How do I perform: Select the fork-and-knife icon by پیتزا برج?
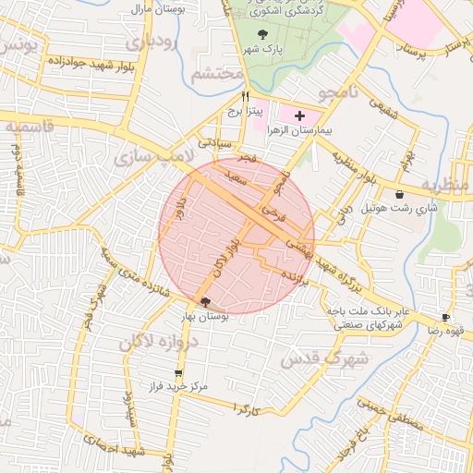246,95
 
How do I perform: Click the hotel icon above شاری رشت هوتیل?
399,195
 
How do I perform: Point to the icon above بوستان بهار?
204,302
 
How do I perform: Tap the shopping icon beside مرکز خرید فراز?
177,373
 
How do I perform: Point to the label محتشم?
218,73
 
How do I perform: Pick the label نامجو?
338,93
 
